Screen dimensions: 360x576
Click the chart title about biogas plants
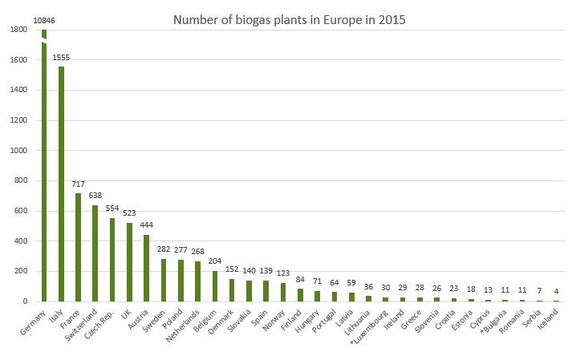288,20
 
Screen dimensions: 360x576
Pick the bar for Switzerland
95,253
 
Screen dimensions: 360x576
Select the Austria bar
146,268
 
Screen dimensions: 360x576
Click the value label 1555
61,58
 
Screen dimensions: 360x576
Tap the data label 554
112,208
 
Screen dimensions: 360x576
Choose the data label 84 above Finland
298,280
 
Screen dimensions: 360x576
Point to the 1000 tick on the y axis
20,150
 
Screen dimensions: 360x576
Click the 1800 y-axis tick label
20,30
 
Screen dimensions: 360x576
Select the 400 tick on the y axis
22,241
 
